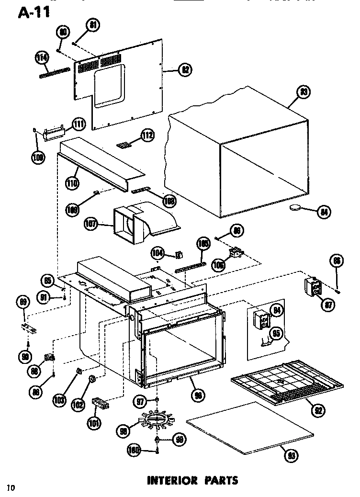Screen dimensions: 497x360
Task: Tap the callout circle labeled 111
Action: coord(79,124)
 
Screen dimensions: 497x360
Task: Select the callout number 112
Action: coord(147,136)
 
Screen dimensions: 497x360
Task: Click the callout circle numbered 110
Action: coord(72,182)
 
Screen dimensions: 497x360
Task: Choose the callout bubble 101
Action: coord(94,422)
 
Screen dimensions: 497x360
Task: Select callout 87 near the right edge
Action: coord(327,305)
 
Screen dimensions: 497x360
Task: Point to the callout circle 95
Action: coord(277,334)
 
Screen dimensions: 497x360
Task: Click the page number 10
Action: coord(11,487)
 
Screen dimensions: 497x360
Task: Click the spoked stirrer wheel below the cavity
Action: coord(156,419)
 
